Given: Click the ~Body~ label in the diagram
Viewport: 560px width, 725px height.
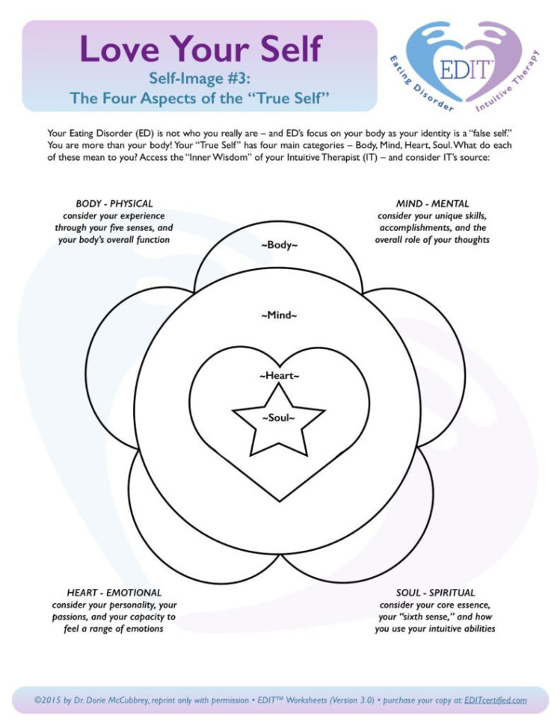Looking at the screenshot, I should (x=279, y=245).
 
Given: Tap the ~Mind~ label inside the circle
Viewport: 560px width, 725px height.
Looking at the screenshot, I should (x=279, y=315).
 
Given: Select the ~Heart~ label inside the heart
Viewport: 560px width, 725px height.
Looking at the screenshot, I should (x=279, y=375).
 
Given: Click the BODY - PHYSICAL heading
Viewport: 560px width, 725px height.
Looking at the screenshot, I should (x=114, y=203).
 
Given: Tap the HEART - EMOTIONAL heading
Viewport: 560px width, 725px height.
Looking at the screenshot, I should (x=114, y=593).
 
